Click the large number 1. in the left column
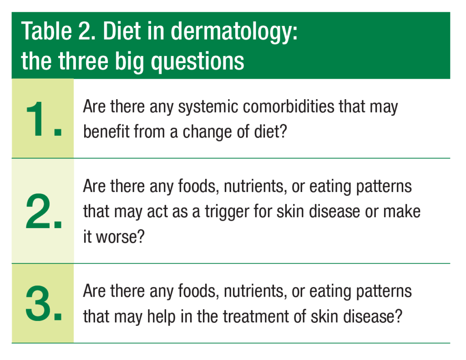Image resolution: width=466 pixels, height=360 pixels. coord(44,119)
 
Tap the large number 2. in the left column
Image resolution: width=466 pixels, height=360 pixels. coord(44,211)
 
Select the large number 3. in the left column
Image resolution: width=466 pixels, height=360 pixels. coord(44,303)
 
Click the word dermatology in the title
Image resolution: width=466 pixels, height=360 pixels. coord(234,32)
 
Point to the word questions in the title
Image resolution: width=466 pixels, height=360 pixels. coord(198,61)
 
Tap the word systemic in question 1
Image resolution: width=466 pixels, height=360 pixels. coord(208,107)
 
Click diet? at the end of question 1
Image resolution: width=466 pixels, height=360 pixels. coord(270,131)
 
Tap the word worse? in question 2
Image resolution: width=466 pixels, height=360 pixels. coord(120,237)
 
